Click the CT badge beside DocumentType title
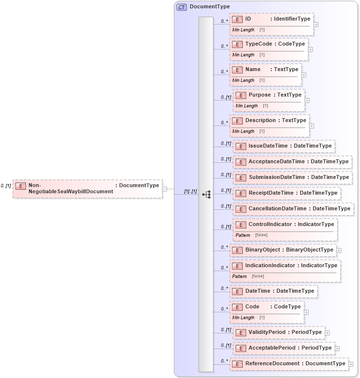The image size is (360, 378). (x=181, y=7)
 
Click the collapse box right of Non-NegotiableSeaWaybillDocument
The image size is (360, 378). (x=165, y=189)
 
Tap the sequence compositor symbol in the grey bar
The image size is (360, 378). (x=206, y=194)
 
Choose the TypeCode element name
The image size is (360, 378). (x=258, y=44)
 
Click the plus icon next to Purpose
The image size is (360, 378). (x=307, y=101)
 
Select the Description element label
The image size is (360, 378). (x=261, y=120)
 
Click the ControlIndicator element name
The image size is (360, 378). (x=270, y=224)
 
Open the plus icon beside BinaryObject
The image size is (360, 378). (x=339, y=251)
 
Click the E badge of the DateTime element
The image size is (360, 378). (x=237, y=291)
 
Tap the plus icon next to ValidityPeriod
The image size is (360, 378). (x=327, y=333)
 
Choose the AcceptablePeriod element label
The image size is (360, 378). (x=272, y=348)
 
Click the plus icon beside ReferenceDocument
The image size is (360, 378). (x=351, y=364)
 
